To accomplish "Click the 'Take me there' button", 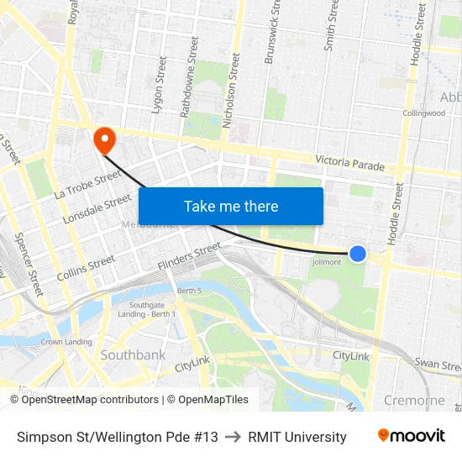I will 231,206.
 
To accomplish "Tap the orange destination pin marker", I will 105,139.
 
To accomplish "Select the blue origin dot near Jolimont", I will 358,253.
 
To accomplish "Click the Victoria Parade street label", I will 349,162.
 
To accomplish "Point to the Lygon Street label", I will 157,86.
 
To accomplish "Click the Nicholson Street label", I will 230,90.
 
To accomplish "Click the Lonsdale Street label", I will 97,209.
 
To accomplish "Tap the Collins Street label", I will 86,269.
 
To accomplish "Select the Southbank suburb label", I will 133,355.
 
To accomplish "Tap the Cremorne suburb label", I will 414,400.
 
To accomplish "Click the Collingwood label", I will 423,113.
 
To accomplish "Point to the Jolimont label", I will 327,262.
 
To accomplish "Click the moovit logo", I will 411,436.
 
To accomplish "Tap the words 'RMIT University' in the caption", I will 297,437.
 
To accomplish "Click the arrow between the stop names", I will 233,437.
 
